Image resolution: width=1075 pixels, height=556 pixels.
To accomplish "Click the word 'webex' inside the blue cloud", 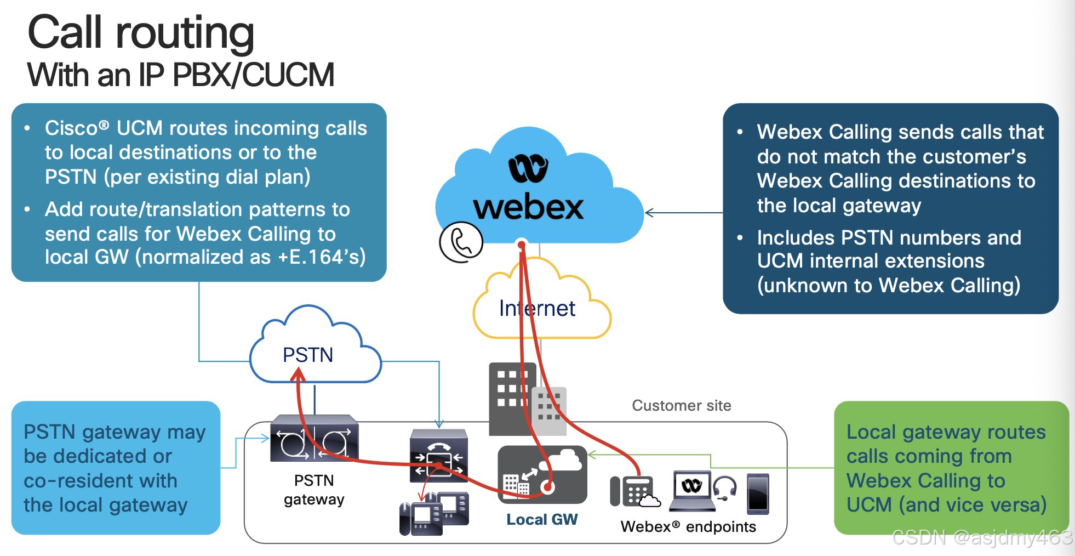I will pyautogui.click(x=528, y=208).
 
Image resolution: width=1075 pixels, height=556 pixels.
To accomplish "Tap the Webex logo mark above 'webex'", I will pyautogui.click(x=528, y=168).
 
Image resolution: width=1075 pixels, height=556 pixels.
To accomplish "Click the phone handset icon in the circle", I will pyautogui.click(x=461, y=242).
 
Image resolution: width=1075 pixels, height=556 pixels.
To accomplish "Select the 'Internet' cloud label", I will pyautogui.click(x=537, y=309).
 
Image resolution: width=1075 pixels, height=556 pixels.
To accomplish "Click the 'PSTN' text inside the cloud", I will pyautogui.click(x=308, y=355).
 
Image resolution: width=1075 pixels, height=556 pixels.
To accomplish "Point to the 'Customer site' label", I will pyautogui.click(x=681, y=406).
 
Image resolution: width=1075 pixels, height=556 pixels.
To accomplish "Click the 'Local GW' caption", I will pyautogui.click(x=541, y=520).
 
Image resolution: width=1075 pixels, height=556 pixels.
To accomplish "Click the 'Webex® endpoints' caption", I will pyautogui.click(x=688, y=527).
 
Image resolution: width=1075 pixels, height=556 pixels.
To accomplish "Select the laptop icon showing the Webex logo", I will pyautogui.click(x=692, y=490).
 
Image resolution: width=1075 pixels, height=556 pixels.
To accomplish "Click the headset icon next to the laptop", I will pyautogui.click(x=725, y=487).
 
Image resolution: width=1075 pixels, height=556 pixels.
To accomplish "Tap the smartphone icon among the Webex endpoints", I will pyautogui.click(x=758, y=493).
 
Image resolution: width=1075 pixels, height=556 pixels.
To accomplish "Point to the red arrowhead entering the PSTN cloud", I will pyautogui.click(x=298, y=375).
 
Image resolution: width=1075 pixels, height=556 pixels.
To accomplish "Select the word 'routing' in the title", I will pyautogui.click(x=185, y=33).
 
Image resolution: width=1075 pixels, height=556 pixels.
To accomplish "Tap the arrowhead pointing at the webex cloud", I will pyautogui.click(x=649, y=213).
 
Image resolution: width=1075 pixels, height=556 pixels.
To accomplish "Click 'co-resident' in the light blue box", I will pyautogui.click(x=100, y=481).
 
